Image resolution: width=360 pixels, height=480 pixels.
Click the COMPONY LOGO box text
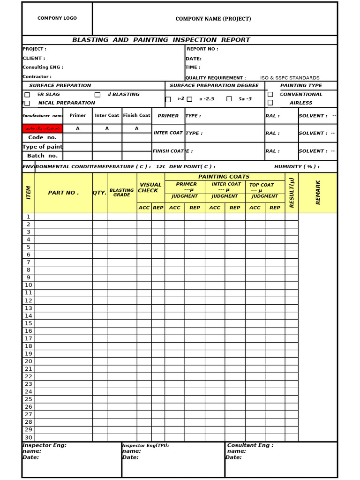57,18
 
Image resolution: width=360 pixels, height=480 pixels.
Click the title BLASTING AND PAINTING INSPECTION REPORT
161,40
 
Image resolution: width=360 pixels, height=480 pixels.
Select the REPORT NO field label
202,49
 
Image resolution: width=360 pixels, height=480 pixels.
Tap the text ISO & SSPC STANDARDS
290,78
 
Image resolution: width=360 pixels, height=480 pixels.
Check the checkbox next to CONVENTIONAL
270,94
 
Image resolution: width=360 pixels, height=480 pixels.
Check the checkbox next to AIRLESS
270,103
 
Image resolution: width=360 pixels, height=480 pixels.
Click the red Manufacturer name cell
43,128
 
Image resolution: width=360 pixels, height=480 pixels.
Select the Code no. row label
42,137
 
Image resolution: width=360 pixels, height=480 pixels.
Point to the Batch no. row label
42,156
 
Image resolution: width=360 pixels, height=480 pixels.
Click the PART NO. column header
63,193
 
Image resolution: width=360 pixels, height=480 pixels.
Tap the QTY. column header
99,193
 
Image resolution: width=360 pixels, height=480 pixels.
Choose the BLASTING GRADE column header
121,193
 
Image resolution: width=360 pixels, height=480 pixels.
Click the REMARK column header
318,192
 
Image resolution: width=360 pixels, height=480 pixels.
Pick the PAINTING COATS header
224,177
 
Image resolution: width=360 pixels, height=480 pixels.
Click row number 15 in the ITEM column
28,323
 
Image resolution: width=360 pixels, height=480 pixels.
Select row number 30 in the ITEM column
28,437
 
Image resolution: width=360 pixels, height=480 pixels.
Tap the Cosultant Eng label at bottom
250,445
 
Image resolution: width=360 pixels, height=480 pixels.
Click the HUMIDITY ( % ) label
296,166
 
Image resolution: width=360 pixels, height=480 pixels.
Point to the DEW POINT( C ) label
192,166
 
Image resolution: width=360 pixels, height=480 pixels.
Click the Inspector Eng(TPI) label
145,445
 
